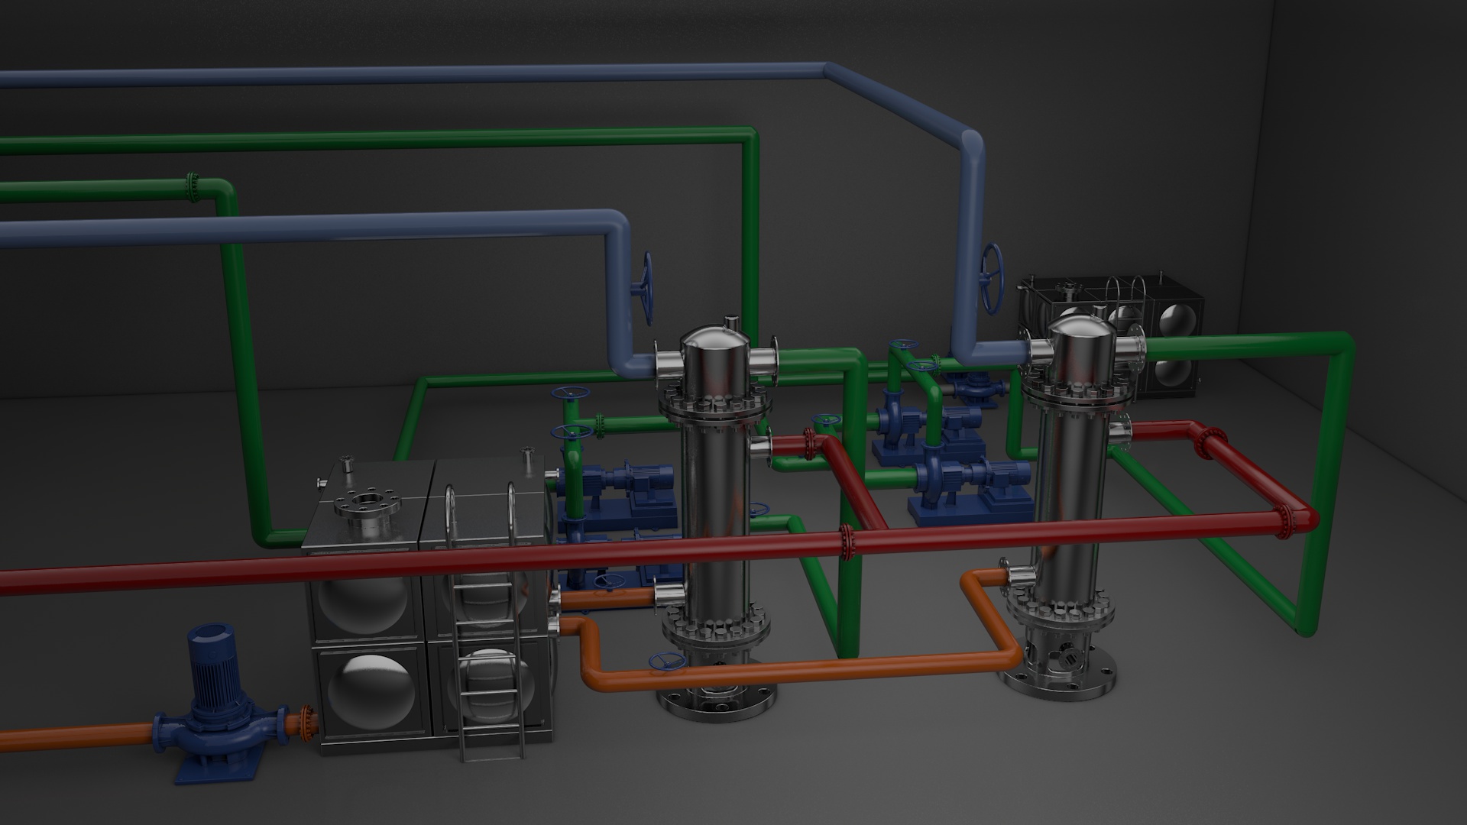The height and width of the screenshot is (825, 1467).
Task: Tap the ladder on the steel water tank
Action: [489, 611]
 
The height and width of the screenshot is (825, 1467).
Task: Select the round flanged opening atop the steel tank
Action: [366, 502]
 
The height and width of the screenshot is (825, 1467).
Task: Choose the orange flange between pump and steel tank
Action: [308, 723]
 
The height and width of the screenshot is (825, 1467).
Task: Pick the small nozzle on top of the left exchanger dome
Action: [732, 322]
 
